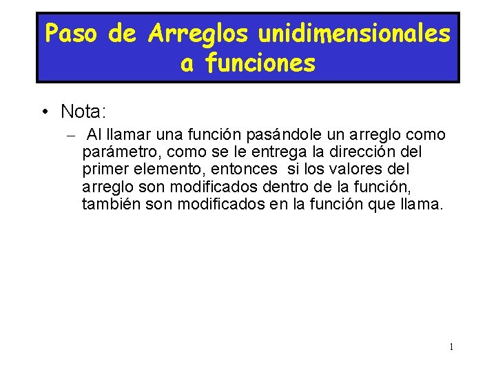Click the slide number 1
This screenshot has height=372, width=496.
point(451,347)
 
